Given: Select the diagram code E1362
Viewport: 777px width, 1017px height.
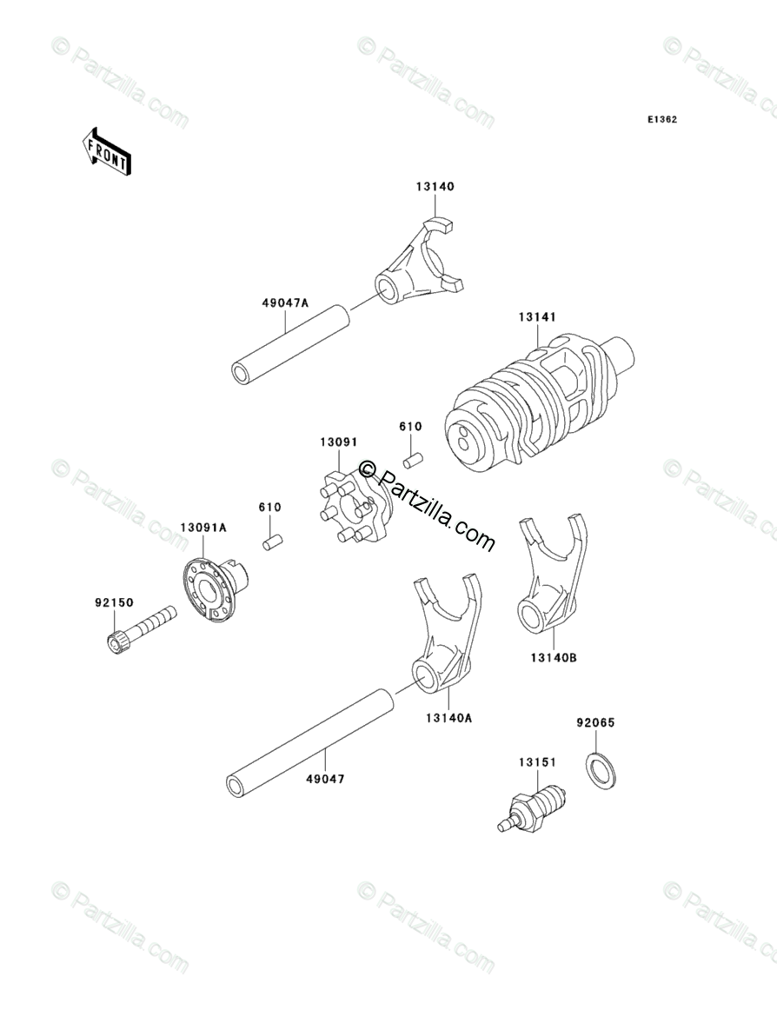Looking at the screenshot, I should tap(661, 120).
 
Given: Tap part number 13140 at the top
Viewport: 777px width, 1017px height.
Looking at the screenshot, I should tap(434, 186).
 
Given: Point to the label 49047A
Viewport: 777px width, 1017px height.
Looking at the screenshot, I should tap(285, 303).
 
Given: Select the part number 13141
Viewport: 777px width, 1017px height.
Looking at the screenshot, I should tap(537, 318).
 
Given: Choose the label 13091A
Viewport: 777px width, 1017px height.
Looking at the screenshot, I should tap(203, 528).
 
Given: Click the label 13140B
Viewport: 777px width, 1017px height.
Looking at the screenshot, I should tap(555, 658).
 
